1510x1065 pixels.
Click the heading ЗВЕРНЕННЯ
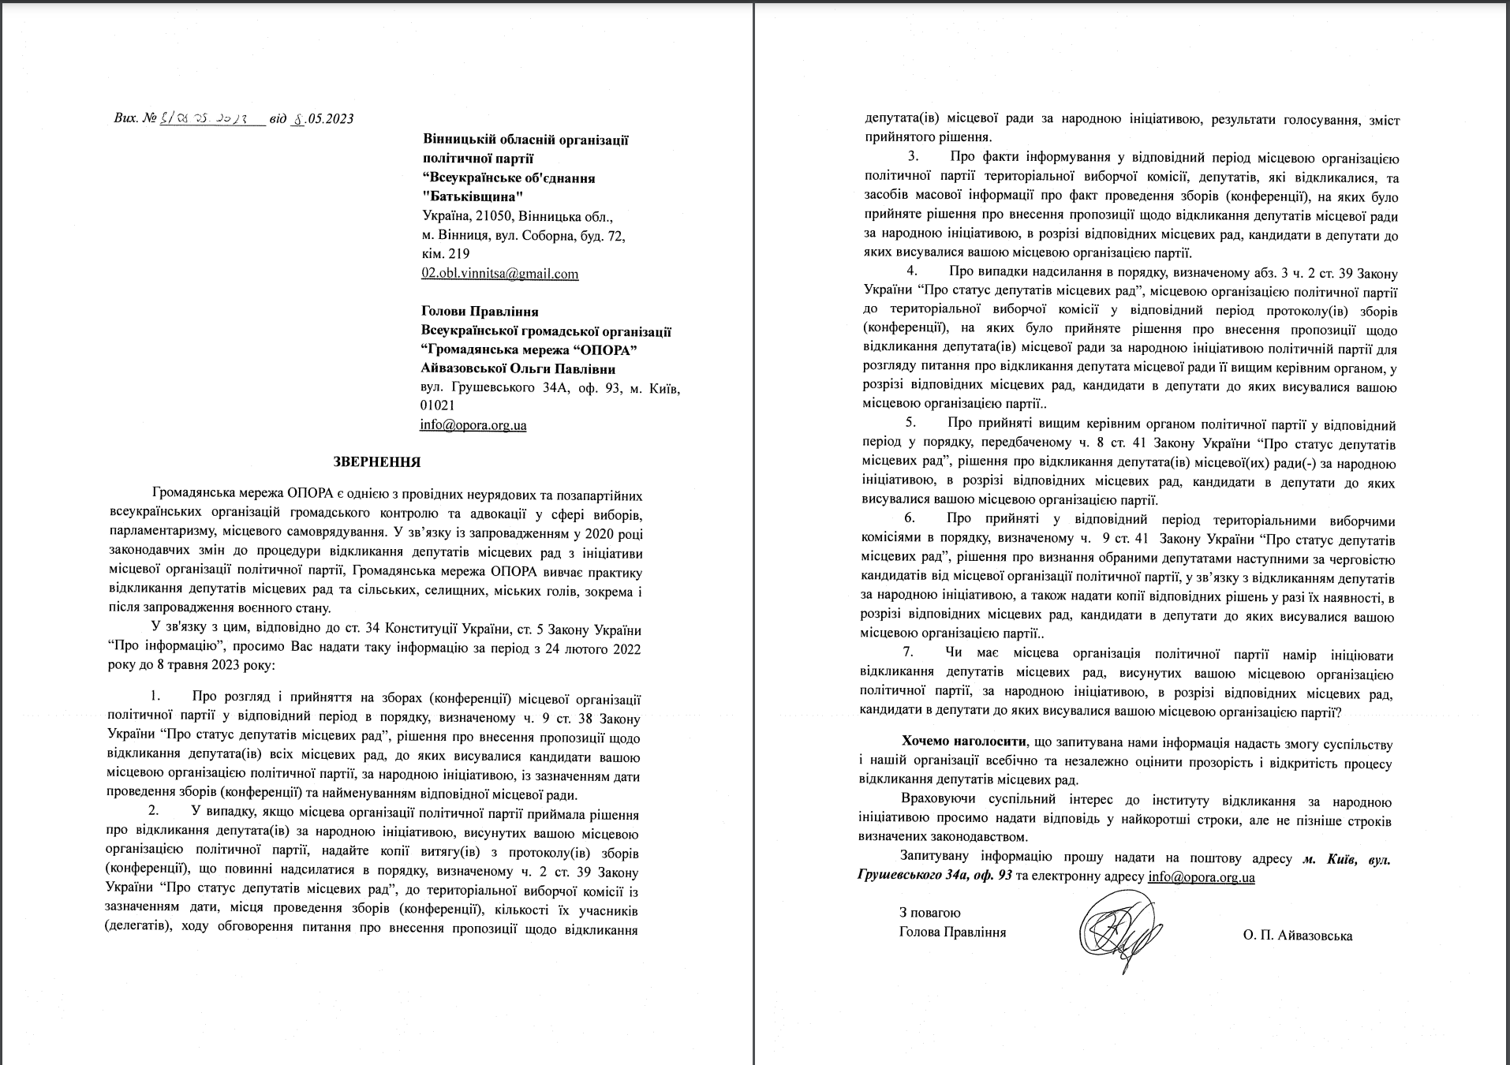377,462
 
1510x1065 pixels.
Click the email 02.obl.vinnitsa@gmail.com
500,274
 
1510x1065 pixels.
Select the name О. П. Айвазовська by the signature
1297,936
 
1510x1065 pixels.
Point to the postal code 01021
437,405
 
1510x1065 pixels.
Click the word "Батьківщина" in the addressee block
473,196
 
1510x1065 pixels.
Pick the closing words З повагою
929,913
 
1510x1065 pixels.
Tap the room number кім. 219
447,254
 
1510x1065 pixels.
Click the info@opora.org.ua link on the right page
1201,876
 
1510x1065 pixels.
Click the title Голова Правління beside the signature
952,932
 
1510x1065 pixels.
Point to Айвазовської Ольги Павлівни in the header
518,369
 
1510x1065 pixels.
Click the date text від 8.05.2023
311,119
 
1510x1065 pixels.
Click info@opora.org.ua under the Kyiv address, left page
473,425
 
